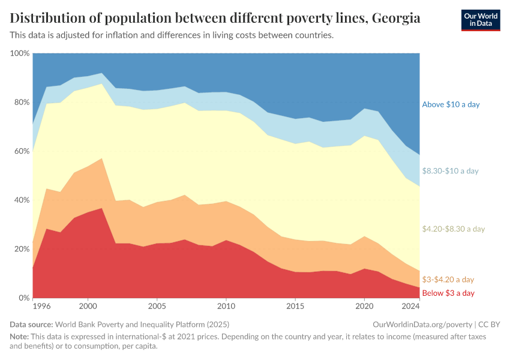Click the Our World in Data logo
pos(480,20)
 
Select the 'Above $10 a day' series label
pos(451,104)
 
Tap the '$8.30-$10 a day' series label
pos(450,171)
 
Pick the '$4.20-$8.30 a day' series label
pos(453,229)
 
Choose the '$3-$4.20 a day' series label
pos(448,280)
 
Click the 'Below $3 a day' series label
pos(448,293)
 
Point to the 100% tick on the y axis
pos(20,53)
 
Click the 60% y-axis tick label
pos(21,151)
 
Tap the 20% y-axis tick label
pos(21,249)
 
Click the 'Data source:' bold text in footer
pos(32,324)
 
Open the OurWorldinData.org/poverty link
pos(418,324)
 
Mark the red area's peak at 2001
pos(102,208)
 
